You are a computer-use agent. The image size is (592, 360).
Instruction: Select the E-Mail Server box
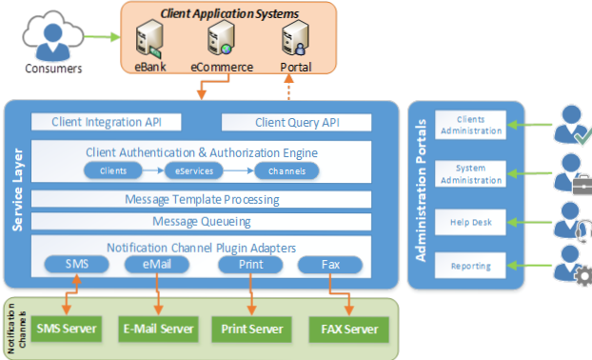pyautogui.click(x=159, y=330)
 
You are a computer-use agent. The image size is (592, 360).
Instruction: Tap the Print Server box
pyautogui.click(x=251, y=330)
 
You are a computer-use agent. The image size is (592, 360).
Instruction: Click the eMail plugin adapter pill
pyautogui.click(x=157, y=263)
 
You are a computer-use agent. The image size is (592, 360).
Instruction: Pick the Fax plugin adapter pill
pyautogui.click(x=331, y=263)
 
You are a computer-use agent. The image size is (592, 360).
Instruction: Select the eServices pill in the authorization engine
pyautogui.click(x=193, y=171)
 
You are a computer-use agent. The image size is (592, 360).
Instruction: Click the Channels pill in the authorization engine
pyautogui.click(x=286, y=171)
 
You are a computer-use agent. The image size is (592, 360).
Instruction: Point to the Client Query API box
pyautogui.click(x=297, y=123)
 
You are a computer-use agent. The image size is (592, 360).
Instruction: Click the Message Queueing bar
pyautogui.click(x=202, y=222)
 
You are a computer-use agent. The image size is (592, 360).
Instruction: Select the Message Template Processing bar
pyautogui.click(x=202, y=200)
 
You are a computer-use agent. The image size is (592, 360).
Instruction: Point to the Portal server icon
pyautogui.click(x=295, y=40)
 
